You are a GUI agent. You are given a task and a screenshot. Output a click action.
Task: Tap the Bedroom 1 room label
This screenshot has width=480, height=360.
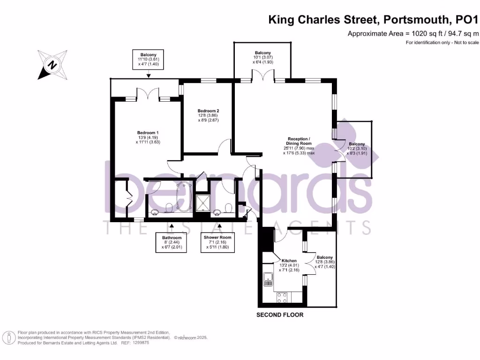148,136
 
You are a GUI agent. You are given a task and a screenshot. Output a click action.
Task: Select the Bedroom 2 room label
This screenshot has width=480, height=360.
208,115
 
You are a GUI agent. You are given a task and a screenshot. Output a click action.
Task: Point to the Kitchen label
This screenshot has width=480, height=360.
289,263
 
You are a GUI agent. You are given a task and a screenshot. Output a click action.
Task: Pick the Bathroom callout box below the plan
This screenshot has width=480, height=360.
171,242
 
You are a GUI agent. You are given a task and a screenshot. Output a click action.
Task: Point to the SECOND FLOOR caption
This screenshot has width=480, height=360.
279,315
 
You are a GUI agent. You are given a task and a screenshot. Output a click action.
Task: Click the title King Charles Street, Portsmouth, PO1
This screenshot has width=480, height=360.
374,20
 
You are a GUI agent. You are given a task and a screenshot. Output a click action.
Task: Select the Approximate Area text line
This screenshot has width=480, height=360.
413,33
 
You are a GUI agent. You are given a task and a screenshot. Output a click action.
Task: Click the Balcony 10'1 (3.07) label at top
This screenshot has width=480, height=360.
262,57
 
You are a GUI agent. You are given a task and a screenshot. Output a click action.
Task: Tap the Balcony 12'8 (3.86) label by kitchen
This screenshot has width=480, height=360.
324,262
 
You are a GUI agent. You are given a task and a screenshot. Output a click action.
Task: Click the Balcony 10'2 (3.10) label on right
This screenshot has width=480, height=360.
356,148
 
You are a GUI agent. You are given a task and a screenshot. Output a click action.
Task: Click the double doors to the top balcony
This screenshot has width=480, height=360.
262,76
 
